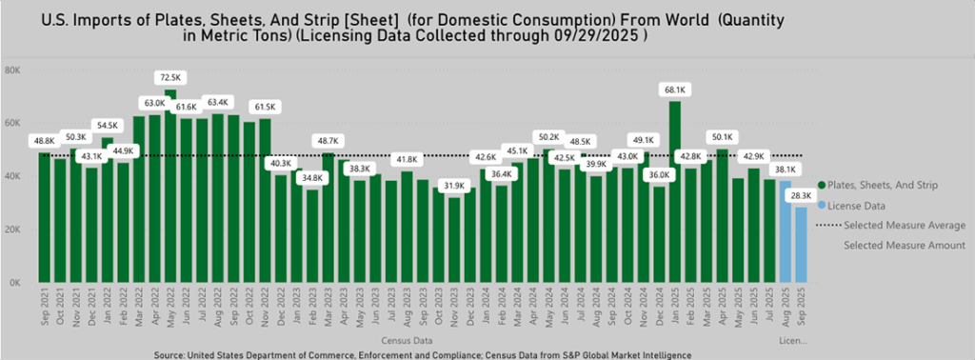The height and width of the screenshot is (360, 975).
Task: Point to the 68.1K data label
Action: (x=674, y=90)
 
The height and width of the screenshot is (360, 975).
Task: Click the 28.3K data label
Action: (x=801, y=195)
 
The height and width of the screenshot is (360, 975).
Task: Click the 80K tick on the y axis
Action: (x=14, y=70)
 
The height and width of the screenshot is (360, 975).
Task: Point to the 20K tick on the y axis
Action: (x=14, y=230)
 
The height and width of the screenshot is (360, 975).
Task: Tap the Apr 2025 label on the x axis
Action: (x=722, y=307)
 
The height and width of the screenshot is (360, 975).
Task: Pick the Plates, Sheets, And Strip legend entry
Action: (x=891, y=185)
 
